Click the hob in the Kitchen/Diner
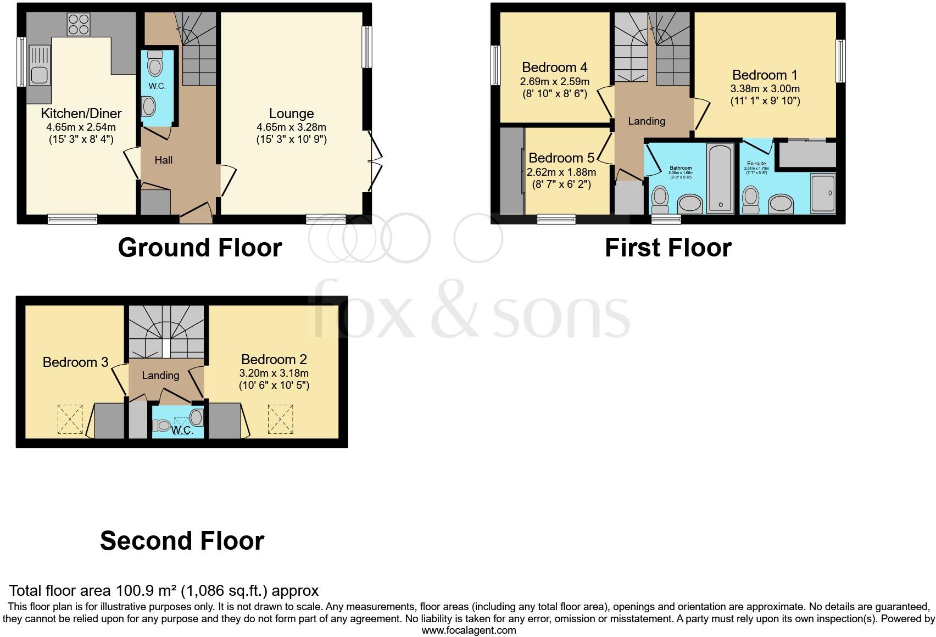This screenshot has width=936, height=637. pyautogui.click(x=79, y=24)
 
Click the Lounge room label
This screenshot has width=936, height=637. pyautogui.click(x=291, y=114)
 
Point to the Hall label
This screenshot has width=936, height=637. pyautogui.click(x=163, y=160)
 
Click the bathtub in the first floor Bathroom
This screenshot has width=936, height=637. pyautogui.click(x=720, y=178)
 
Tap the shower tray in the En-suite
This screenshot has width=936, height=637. pyautogui.click(x=822, y=193)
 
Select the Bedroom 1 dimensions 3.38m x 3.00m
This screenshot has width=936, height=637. pyautogui.click(x=765, y=89)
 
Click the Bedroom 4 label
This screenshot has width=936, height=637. pyautogui.click(x=554, y=68)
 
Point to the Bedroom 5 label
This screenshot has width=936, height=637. pyautogui.click(x=561, y=158)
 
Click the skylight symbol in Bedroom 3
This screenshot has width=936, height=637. pyautogui.click(x=70, y=420)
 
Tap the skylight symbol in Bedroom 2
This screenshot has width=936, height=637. pyautogui.click(x=281, y=420)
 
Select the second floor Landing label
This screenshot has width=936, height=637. pyautogui.click(x=160, y=375)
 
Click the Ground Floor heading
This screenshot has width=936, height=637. pyautogui.click(x=200, y=248)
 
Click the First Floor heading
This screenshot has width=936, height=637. pyautogui.click(x=668, y=248)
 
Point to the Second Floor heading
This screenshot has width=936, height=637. pyautogui.click(x=182, y=541)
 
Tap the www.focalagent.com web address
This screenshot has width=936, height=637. pyautogui.click(x=468, y=630)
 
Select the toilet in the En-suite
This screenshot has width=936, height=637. pyautogui.click(x=750, y=199)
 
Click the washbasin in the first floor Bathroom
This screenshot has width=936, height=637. pyautogui.click(x=690, y=204)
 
